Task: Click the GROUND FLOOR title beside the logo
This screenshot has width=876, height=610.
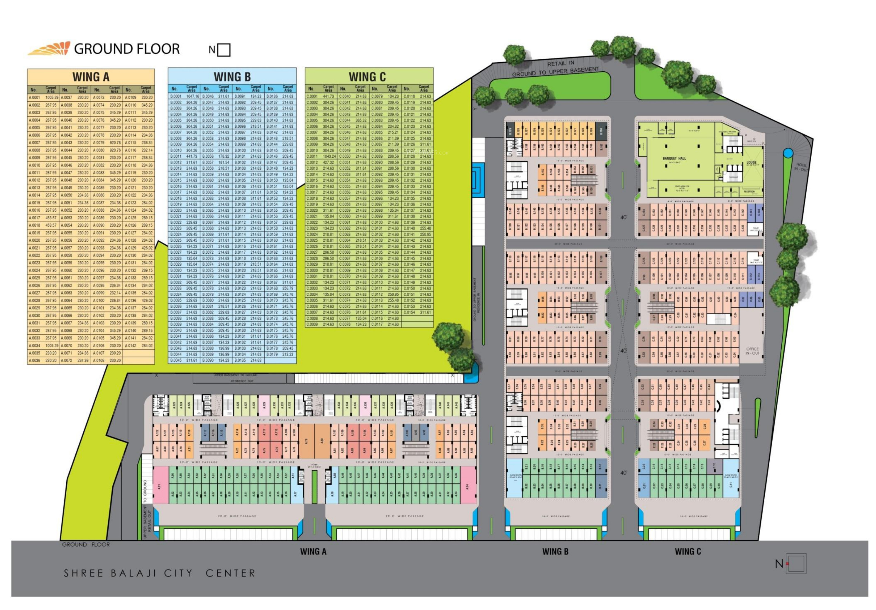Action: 127,49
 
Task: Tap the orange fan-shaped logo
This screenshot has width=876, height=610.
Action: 50,49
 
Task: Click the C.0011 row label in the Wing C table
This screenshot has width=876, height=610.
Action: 312,156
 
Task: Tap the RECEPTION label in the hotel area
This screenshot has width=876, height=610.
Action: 749,192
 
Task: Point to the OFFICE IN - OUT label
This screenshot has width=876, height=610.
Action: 752,351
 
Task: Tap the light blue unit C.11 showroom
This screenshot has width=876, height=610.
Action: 731,484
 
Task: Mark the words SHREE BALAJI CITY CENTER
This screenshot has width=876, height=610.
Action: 160,573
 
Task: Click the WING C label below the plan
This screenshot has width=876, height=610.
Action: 688,551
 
